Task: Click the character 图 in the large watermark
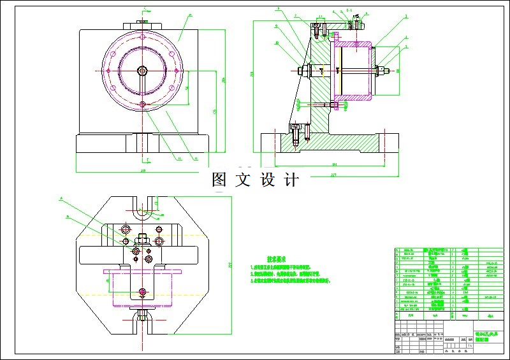[x=220, y=180]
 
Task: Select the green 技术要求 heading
[x=280, y=259]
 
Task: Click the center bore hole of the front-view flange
[x=142, y=70]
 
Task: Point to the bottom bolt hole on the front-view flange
[x=142, y=104]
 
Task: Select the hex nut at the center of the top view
[x=142, y=240]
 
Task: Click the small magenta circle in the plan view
[x=142, y=291]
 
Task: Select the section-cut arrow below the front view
[x=146, y=158]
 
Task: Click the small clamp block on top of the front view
[x=142, y=24]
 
